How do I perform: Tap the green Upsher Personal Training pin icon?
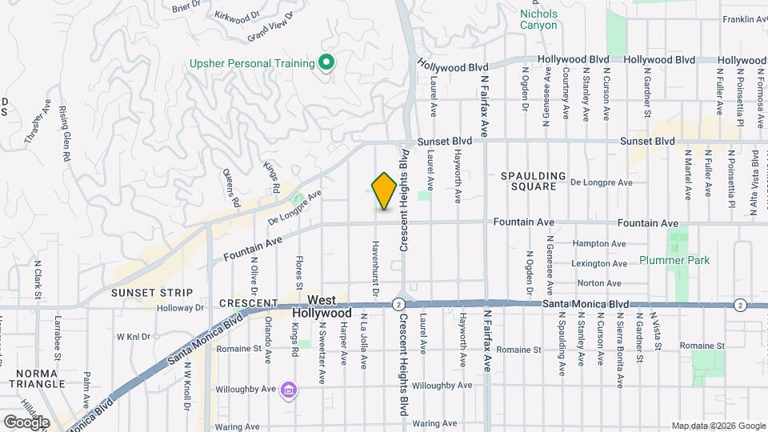coord(326,62)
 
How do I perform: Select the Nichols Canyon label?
coord(538,19)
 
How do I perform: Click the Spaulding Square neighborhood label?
coord(533,181)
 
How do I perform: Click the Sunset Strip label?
coord(142,292)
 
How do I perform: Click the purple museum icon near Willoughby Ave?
coord(289,390)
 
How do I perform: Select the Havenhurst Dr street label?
coord(374,264)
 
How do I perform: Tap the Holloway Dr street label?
coord(182,307)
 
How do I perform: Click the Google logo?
coord(26,422)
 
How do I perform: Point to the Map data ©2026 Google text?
coord(718,426)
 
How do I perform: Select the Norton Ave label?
coord(600,282)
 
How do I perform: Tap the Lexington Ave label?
coord(598,263)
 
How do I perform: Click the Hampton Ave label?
coord(599,243)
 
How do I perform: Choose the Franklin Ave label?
coord(745,19)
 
